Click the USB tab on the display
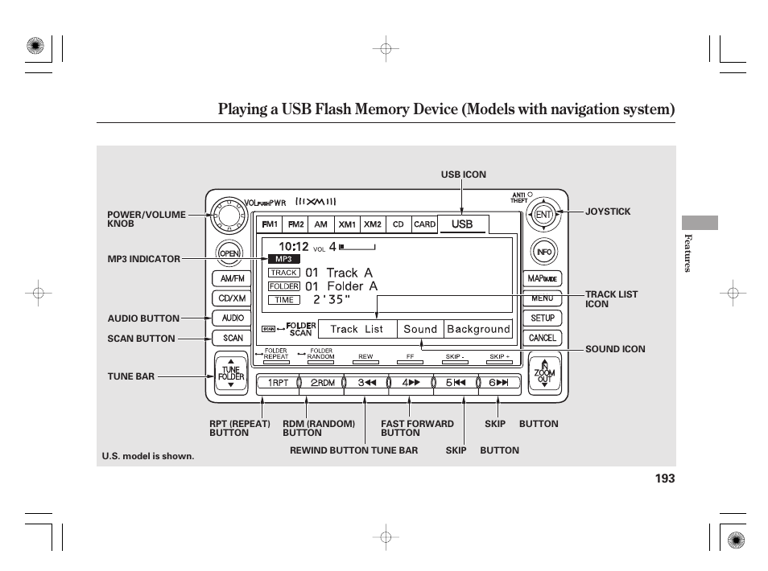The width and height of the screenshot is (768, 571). (462, 224)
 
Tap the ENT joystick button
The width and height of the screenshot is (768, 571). (543, 214)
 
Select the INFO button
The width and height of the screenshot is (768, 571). (543, 253)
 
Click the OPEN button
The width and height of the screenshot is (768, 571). (231, 253)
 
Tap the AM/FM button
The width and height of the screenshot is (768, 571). (232, 278)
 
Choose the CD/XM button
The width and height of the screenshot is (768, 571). (232, 298)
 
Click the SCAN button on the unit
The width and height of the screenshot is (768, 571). (232, 338)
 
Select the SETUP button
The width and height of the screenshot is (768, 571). (543, 318)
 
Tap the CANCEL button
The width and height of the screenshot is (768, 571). (543, 338)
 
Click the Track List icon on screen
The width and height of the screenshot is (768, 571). (357, 329)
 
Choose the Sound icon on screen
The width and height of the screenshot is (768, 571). (420, 329)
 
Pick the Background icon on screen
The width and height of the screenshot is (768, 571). (478, 329)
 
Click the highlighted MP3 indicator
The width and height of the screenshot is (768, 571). (283, 259)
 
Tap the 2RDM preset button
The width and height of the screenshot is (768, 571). (322, 383)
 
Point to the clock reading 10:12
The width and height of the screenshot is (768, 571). (294, 246)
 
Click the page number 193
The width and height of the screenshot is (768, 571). (664, 479)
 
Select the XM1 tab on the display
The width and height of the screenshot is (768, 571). (347, 224)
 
